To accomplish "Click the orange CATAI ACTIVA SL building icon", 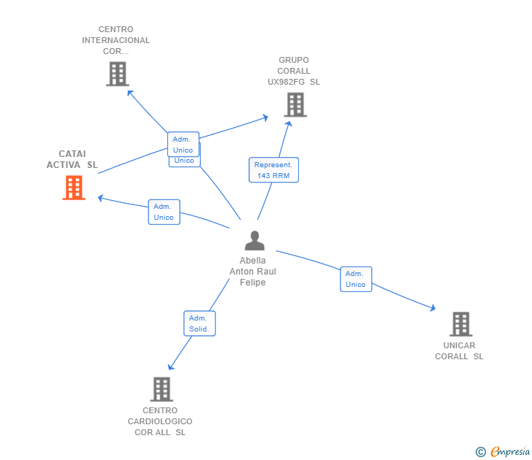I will pyautogui.click(x=73, y=188).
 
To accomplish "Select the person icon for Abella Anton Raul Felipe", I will pyautogui.click(x=254, y=241).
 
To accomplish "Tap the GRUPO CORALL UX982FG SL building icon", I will pyautogui.click(x=295, y=105).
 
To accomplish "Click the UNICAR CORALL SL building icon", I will pyautogui.click(x=460, y=324).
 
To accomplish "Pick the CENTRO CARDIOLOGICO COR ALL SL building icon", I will pyautogui.click(x=161, y=389).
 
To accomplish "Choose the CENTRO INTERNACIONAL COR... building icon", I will pyautogui.click(x=117, y=74).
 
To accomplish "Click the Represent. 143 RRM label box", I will pyautogui.click(x=273, y=170).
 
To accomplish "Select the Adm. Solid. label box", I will pyautogui.click(x=199, y=323).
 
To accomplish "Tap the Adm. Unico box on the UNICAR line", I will pyautogui.click(x=355, y=279).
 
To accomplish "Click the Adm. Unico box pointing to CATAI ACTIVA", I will pyautogui.click(x=164, y=212).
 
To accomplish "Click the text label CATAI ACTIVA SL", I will pyautogui.click(x=72, y=159).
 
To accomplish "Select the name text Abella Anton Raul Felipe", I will pyautogui.click(x=253, y=272).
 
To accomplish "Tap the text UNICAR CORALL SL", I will pyautogui.click(x=459, y=351).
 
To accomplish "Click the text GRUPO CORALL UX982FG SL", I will pyautogui.click(x=294, y=71).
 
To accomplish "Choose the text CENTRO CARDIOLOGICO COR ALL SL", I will pyautogui.click(x=160, y=421).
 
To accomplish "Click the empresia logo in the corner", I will pyautogui.click(x=509, y=451).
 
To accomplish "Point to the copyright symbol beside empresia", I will pyautogui.click(x=480, y=452).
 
